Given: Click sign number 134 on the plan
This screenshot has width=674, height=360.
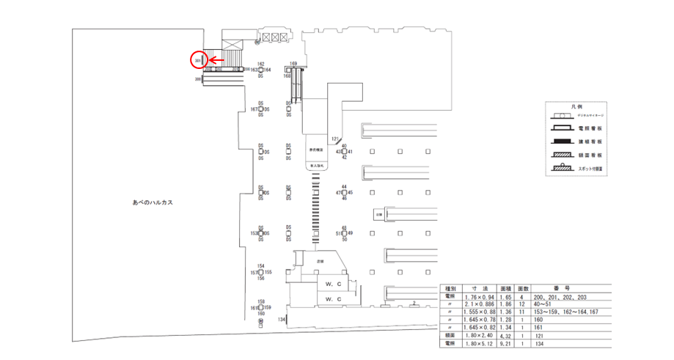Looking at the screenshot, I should click(x=282, y=320).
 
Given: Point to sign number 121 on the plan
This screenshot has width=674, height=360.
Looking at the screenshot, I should click(x=335, y=139).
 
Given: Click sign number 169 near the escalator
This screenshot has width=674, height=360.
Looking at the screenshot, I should click(x=293, y=64).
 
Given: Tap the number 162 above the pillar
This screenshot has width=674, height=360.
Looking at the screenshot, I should click(x=261, y=64).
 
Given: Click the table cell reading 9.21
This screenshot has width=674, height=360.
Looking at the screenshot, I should click(x=504, y=342).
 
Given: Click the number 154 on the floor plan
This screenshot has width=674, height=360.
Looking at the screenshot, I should click(x=260, y=266).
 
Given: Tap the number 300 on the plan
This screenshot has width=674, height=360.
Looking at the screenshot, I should click(x=198, y=78).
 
